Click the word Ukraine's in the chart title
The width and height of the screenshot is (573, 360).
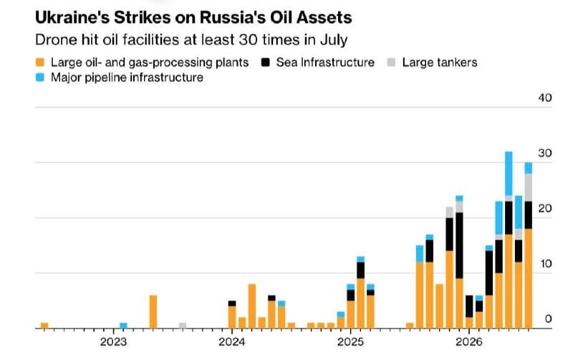(72, 17)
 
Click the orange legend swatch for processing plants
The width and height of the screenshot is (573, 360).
(40, 62)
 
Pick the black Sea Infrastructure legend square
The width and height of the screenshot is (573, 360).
(265, 62)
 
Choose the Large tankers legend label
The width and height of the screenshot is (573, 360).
(440, 62)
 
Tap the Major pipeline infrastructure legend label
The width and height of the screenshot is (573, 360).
(127, 77)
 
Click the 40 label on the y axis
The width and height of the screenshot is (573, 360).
(545, 98)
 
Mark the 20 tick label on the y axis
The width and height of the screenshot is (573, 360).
(545, 208)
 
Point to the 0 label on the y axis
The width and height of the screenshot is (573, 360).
(548, 318)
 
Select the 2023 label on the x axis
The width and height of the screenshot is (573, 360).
(113, 342)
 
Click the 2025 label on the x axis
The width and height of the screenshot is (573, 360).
(350, 342)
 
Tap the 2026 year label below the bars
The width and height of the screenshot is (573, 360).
(469, 342)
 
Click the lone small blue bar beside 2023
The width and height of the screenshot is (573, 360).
(123, 326)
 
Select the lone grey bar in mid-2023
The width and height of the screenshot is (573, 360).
(183, 326)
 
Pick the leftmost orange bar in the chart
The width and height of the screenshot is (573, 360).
(44, 326)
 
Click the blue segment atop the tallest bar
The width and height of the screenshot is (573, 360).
(509, 174)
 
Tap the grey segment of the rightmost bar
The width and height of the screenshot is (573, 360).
(529, 188)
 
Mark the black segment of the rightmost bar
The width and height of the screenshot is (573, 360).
(529, 215)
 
